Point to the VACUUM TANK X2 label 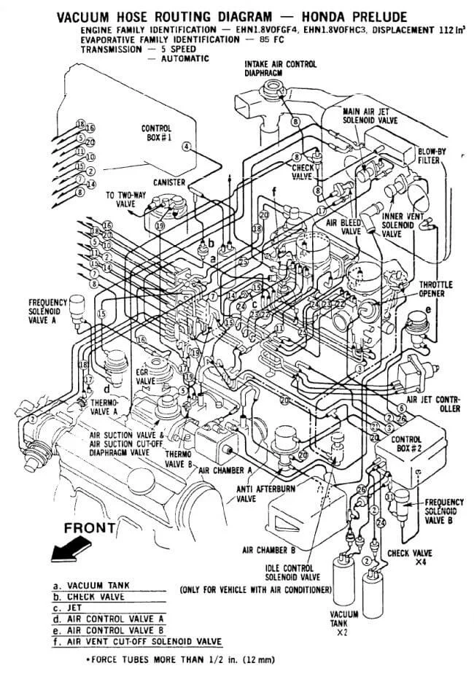point(344,620)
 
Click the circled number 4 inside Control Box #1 point(187,147)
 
